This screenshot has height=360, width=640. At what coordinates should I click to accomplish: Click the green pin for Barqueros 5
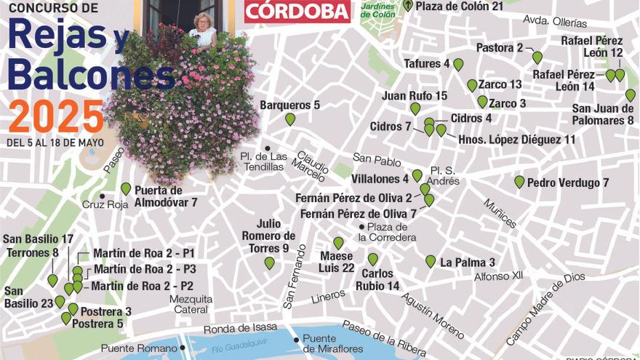point(290,119)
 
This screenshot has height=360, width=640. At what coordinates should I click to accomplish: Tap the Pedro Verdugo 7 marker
point(519,182)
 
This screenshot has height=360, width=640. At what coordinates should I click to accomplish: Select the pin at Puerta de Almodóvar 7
point(126,188)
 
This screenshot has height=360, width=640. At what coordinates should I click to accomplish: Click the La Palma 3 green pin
point(431,261)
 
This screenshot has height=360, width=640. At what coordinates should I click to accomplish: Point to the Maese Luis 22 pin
point(338,243)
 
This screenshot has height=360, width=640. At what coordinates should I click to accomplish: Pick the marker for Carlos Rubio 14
point(373,259)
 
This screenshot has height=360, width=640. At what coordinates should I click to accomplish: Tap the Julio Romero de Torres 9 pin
point(270,263)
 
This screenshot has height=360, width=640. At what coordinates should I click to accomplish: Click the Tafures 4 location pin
point(458,65)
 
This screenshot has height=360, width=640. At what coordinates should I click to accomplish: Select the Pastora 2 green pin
point(537,57)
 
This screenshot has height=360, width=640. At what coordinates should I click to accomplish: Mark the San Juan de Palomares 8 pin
point(631,95)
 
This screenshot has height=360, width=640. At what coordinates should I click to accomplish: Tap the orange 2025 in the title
point(56,116)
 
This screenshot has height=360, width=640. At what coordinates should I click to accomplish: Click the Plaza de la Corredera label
point(391,232)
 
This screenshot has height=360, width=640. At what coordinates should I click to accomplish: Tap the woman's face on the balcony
point(201,21)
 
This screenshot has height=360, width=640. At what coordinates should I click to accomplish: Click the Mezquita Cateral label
point(191,304)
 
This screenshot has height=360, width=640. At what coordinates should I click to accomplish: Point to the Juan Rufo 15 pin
point(415,108)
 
